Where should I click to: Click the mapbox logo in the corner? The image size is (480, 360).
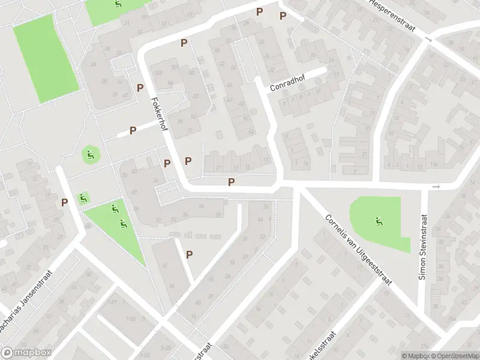tap(26, 353)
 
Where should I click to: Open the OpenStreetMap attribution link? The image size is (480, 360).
tap(457, 356)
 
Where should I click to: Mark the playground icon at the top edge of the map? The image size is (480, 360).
tap(118, 4)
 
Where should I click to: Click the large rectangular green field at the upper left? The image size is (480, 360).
tap(46, 57)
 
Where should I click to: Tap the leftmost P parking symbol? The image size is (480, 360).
tap(64, 203)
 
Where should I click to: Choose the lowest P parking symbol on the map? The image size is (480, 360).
tap(189, 254)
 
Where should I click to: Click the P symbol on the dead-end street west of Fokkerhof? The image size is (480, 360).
tap(133, 130)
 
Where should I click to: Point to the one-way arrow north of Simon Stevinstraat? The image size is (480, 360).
tap(436, 187)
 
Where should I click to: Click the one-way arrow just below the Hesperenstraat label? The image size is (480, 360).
tap(428, 39)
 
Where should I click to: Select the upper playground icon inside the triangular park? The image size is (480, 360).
tap(114, 209)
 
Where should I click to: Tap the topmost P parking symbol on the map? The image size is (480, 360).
tap(259, 11)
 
